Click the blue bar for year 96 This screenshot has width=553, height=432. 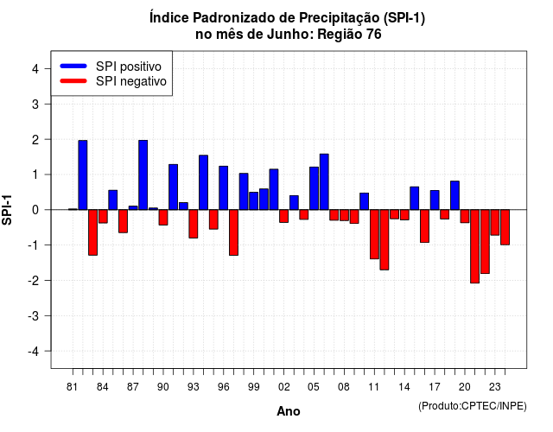[223, 188]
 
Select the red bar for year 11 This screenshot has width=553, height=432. [374, 234]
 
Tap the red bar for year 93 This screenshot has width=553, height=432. [194, 224]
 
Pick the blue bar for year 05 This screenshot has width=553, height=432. [314, 188]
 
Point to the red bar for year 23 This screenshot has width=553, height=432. [495, 223]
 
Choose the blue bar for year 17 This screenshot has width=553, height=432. [435, 200]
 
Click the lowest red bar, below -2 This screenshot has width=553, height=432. [474, 246]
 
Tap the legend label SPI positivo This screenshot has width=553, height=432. [129, 67]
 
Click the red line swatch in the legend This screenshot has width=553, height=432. [73, 81]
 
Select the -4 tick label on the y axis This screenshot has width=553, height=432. [35, 352]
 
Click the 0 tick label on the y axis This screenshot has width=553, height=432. [35, 210]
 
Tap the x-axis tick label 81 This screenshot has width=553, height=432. [72, 387]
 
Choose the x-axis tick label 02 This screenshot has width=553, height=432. [283, 387]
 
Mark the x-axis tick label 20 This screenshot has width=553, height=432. [465, 387]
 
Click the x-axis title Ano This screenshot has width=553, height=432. [289, 411]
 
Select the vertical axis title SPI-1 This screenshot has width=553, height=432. [7, 210]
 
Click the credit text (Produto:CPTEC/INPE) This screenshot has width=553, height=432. [473, 406]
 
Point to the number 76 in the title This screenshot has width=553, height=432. [373, 35]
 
